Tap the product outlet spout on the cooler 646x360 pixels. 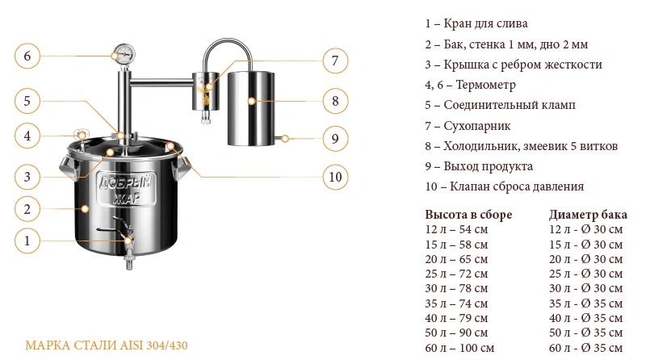[281, 139]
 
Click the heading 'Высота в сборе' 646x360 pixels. [468, 215]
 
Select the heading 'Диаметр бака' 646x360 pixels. [588, 215]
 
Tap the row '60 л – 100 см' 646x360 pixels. [459, 348]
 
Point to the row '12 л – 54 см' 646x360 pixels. [456, 229]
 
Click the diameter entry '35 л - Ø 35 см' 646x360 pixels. [585, 303]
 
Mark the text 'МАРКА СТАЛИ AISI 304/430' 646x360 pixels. [107, 345]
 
